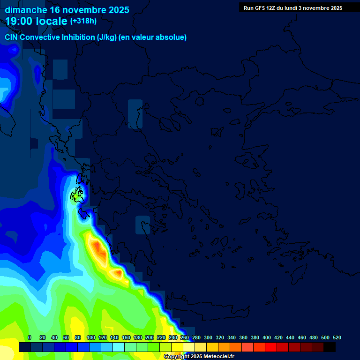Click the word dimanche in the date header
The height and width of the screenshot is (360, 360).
point(26,10)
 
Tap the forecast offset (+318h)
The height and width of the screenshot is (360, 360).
point(83,21)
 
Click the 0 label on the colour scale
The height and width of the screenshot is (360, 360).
point(30,337)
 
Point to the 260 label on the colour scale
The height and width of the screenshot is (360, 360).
point(185,337)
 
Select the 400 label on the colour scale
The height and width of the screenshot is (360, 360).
point(267,337)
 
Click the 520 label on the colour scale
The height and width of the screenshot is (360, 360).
point(337,337)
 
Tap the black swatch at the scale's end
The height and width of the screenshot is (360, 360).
point(329,347)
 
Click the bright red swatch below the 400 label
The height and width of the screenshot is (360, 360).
point(270,347)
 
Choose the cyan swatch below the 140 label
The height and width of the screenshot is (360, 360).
point(118,347)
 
